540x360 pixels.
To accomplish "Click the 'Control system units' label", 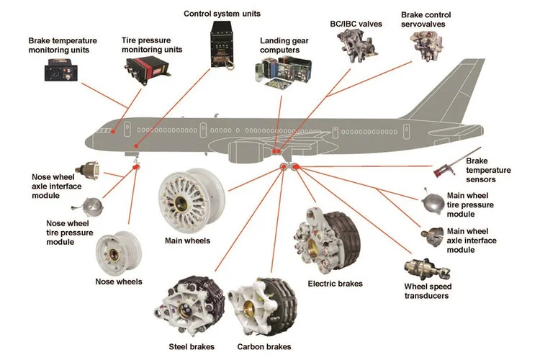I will tap(222, 14).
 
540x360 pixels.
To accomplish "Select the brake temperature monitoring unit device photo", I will tap(59, 71).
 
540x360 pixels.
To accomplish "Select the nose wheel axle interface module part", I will tap(91, 173).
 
